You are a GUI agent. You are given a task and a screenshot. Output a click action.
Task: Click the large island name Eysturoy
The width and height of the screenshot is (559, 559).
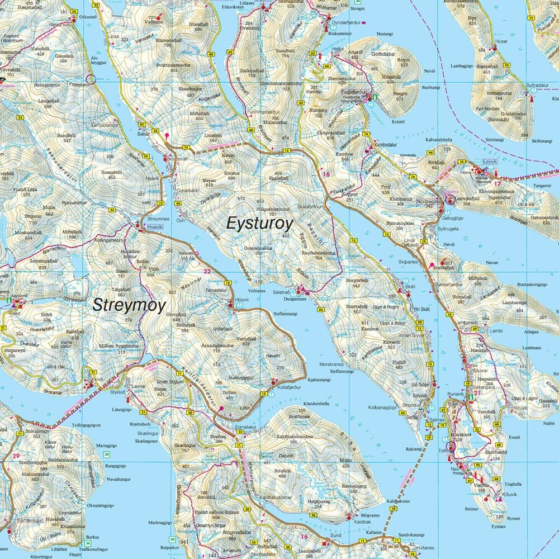coord(259,224)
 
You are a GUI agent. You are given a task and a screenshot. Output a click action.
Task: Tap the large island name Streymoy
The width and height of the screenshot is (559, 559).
coord(129,305)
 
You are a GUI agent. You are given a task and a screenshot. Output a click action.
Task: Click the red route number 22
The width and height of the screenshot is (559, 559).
coord(207,272)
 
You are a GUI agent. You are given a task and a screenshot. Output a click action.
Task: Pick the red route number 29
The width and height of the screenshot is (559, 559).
coord(15,456)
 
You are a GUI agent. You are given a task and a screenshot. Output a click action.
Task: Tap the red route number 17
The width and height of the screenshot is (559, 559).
coord(498,183)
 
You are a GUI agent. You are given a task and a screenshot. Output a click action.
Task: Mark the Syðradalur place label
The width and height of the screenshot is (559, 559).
coord(536,86)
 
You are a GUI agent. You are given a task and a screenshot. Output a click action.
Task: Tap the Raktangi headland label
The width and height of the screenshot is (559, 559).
coord(414,448)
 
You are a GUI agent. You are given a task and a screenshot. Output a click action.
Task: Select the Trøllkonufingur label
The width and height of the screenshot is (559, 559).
coord(108,549)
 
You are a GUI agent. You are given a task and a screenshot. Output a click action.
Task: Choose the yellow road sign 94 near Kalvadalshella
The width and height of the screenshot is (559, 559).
coord(430,152)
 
